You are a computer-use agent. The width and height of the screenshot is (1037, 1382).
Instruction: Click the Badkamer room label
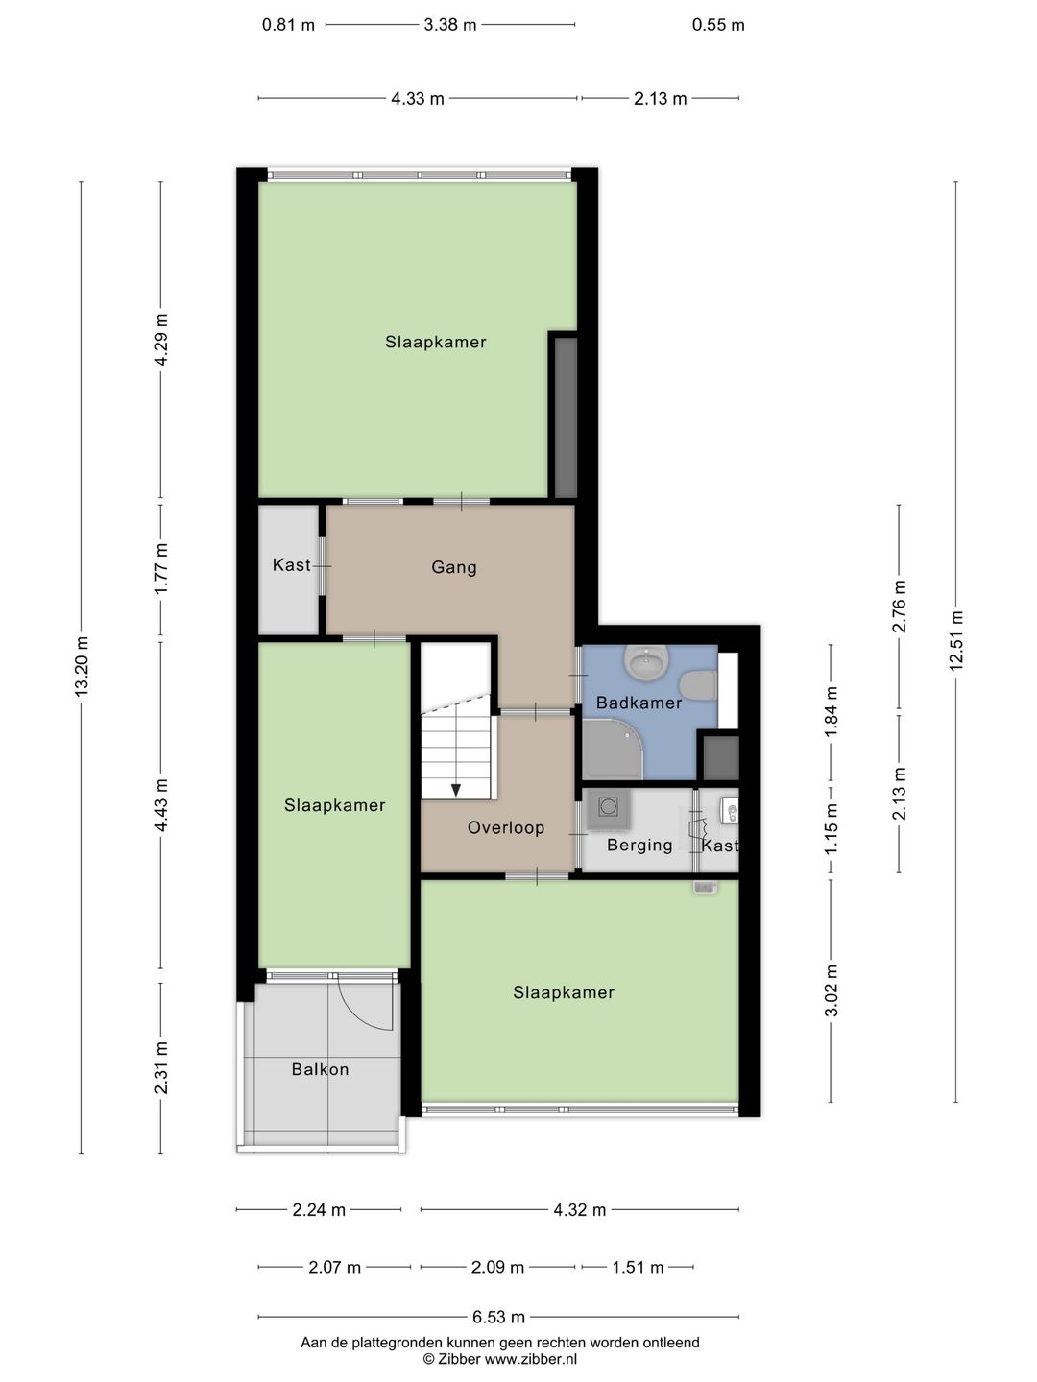coord(639,703)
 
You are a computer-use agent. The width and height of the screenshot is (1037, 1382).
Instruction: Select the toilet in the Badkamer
coord(699,685)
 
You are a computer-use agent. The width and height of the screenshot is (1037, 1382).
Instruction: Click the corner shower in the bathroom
coord(613,751)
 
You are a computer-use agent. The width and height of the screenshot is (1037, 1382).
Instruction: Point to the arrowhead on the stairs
coord(455,790)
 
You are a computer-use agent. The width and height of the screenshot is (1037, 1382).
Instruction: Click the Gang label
coord(453,567)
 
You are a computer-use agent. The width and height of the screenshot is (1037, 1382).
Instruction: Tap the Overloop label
coord(506,827)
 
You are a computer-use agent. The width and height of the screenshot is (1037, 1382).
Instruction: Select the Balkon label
coord(320,1069)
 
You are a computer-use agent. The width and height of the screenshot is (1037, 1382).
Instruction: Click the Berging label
coord(639,845)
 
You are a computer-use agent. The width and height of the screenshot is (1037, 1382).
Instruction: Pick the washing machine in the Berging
coord(608,807)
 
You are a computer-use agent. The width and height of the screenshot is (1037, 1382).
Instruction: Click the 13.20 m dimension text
coord(82,667)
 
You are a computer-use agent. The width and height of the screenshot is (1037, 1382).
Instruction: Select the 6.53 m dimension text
coord(498,1317)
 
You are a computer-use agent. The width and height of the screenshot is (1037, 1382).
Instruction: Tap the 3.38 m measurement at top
coord(449,25)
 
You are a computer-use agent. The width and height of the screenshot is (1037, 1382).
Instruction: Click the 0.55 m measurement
coord(718,25)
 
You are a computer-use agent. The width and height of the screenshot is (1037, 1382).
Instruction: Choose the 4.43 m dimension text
coord(161,804)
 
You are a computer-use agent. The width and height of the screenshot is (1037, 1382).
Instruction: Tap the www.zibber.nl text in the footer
coord(530,1359)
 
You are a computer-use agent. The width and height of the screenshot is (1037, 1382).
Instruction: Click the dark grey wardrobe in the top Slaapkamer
coord(566,417)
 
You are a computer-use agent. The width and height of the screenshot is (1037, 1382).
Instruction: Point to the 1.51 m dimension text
coord(638,1267)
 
